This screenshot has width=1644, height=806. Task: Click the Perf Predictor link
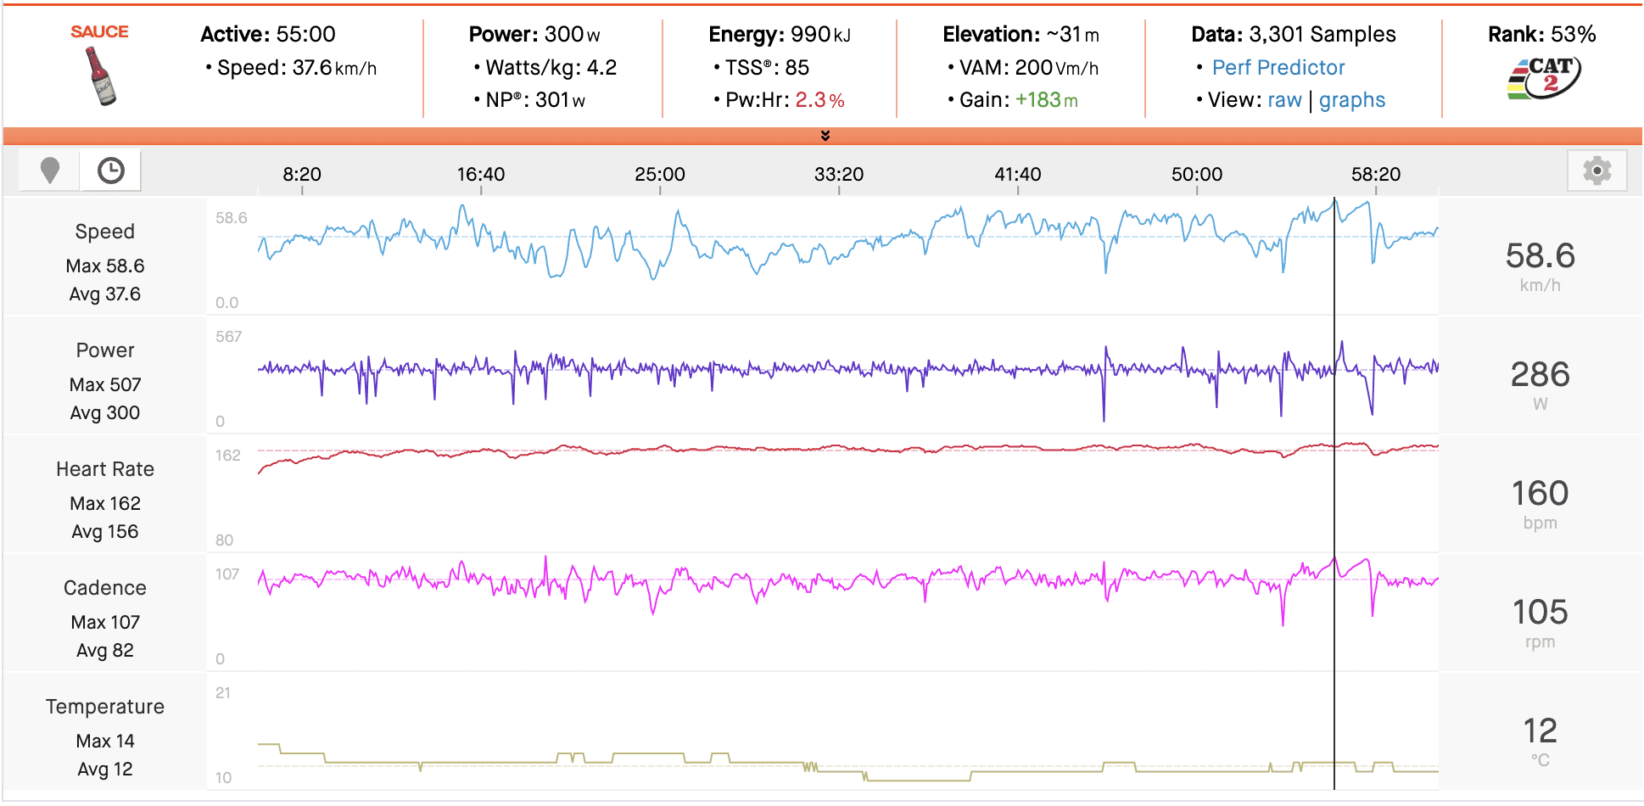1278,68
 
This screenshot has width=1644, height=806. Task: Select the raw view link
1284,100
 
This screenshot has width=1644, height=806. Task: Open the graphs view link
1351,100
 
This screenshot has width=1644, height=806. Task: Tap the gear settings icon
1596,171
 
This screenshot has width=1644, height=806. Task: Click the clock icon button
110,171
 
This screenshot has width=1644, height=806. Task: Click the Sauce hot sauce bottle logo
101,76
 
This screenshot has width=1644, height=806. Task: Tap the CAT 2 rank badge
1544,78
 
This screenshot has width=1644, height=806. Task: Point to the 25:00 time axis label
659,175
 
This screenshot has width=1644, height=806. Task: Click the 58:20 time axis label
1375,175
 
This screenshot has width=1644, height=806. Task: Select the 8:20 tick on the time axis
302,175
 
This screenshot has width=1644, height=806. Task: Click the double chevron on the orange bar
825,136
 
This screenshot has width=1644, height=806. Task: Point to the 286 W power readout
1540,375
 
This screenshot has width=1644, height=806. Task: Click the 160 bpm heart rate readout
1540,494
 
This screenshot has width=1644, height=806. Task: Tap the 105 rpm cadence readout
1540,613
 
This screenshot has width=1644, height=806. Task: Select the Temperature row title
105,707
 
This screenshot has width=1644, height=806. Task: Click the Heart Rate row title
105,469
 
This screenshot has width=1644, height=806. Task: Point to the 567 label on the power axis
228,337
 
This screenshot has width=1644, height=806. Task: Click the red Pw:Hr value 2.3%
819,100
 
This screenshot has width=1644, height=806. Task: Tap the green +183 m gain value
1046,100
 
